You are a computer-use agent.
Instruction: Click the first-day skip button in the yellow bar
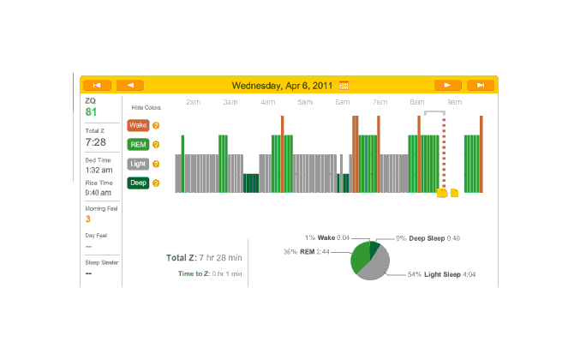[97, 85]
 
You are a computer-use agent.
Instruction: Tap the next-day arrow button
[447, 85]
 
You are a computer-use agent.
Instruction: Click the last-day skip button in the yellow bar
[481, 85]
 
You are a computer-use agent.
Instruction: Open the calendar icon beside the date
[344, 85]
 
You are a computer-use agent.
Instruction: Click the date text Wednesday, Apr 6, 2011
[283, 85]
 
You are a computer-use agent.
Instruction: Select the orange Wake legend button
[137, 125]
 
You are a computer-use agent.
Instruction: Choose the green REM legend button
[137, 144]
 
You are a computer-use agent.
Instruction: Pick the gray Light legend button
[137, 163]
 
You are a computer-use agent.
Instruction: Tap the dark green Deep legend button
[137, 183]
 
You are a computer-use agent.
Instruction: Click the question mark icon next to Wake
[156, 125]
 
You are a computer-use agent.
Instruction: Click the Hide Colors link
[146, 108]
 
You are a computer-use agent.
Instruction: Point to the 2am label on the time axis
[194, 102]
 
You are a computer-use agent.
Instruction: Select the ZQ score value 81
[91, 112]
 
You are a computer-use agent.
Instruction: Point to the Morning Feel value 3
[87, 219]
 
